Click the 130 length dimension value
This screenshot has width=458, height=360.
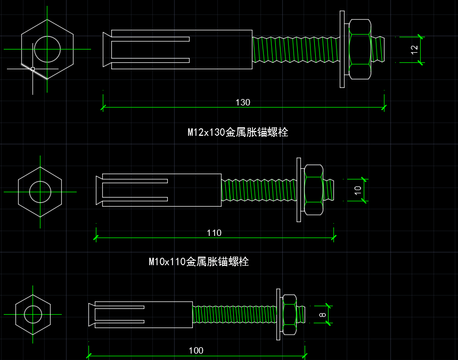(243, 102)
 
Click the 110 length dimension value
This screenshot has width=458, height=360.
(214, 233)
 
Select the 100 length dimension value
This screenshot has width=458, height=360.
(195, 350)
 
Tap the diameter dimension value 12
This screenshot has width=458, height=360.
(414, 50)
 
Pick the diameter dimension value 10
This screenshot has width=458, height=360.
(358, 190)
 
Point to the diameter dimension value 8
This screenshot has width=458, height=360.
(323, 315)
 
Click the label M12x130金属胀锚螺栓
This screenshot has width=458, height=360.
(238, 132)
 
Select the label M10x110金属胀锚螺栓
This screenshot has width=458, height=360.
(199, 261)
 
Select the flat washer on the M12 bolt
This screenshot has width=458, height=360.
(342, 50)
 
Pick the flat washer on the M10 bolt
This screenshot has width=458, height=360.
(299, 190)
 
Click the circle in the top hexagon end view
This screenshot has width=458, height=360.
(47, 36)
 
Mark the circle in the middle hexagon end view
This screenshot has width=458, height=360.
(40, 181)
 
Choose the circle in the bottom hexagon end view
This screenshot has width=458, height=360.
(33, 306)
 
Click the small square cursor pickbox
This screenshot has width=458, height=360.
(32, 69)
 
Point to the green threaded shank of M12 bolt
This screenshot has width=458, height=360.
(296, 50)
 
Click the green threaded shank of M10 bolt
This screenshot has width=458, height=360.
(259, 190)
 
